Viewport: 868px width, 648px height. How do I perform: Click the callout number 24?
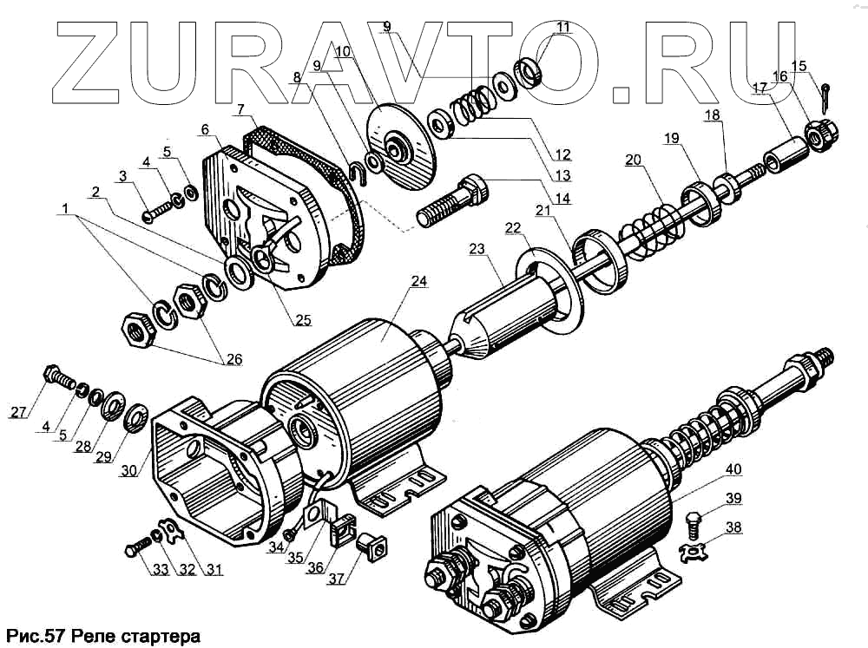419,281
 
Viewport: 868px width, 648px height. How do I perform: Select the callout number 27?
19,412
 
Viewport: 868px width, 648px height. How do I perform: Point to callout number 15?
799,65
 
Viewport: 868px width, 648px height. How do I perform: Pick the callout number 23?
477,249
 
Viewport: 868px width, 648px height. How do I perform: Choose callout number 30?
128,472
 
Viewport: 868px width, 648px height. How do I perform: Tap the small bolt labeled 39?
694,524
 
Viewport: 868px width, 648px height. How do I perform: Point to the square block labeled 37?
371,547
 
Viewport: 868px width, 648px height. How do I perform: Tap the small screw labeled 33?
138,549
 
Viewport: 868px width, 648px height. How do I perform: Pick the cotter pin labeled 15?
829,89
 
